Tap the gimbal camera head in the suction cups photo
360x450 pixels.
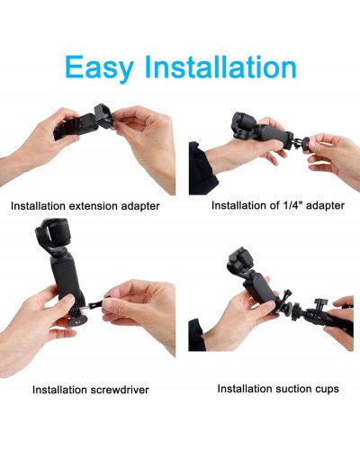click(241, 264)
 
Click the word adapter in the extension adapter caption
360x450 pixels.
click(139, 206)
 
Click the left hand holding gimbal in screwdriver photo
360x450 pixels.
click(36, 328)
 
